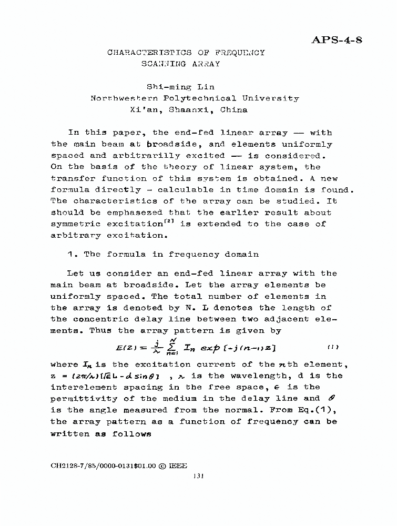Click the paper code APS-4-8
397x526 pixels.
tap(337, 41)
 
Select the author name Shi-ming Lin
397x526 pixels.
tap(180, 87)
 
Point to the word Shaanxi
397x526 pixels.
tap(191, 110)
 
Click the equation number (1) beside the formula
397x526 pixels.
tap(333, 347)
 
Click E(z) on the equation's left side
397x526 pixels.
tap(126, 348)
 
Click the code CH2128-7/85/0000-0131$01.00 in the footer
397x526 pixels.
tap(103, 466)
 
